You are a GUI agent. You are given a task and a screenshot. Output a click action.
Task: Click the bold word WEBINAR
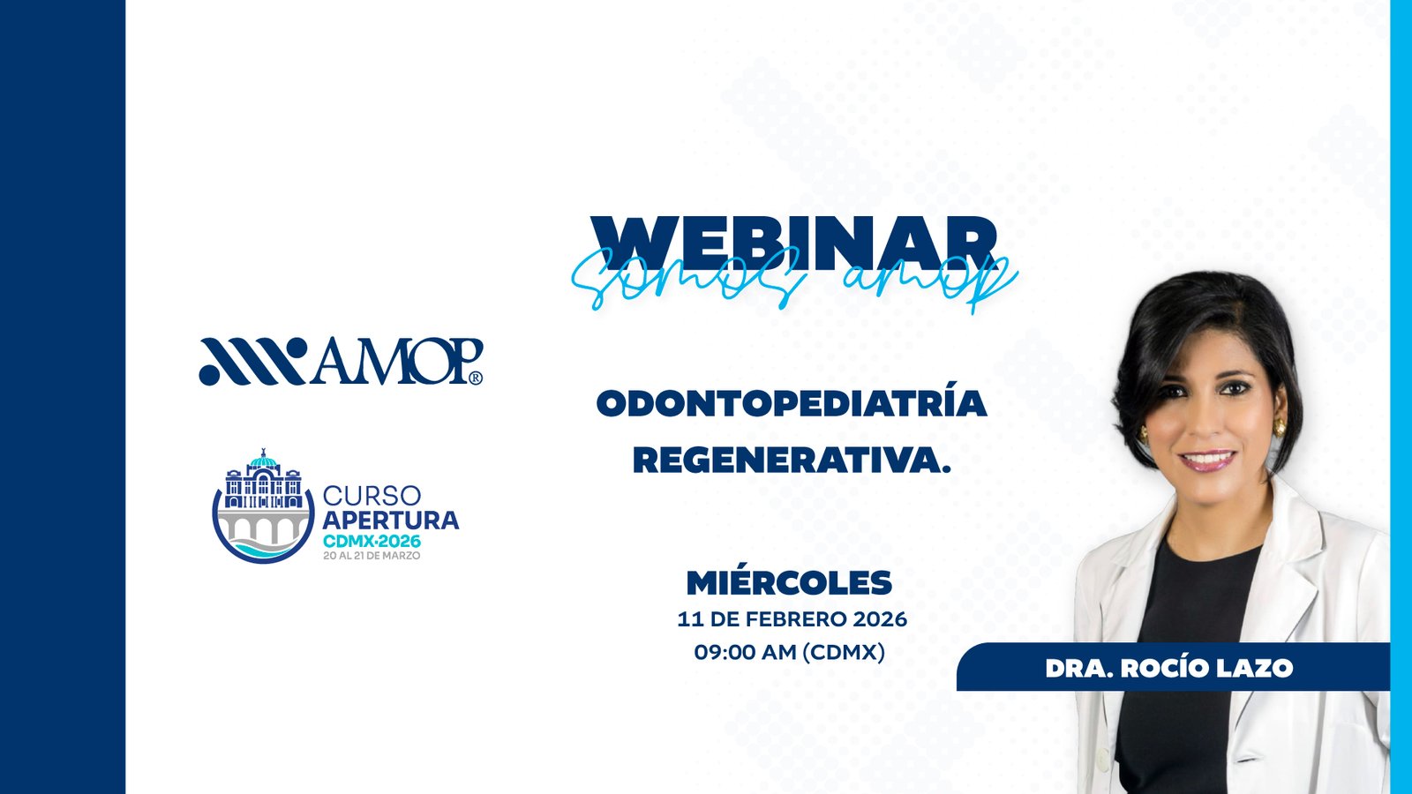(794, 243)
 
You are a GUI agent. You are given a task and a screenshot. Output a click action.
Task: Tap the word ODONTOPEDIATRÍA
(792, 403)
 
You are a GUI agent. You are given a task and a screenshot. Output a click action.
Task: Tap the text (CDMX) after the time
(844, 652)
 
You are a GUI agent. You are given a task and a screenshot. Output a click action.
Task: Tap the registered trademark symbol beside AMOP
(476, 378)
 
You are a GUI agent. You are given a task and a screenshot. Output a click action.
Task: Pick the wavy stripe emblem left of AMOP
(252, 361)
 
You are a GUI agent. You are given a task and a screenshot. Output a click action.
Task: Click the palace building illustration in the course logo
(263, 482)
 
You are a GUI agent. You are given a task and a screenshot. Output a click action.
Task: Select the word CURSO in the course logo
(372, 496)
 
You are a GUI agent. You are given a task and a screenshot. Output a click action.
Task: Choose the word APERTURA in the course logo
(391, 521)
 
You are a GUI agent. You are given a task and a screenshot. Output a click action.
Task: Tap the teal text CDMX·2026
(372, 541)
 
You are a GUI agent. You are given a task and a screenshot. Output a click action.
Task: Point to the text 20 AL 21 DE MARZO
(372, 556)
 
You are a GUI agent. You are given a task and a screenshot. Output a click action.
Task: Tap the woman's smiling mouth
(1208, 460)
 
